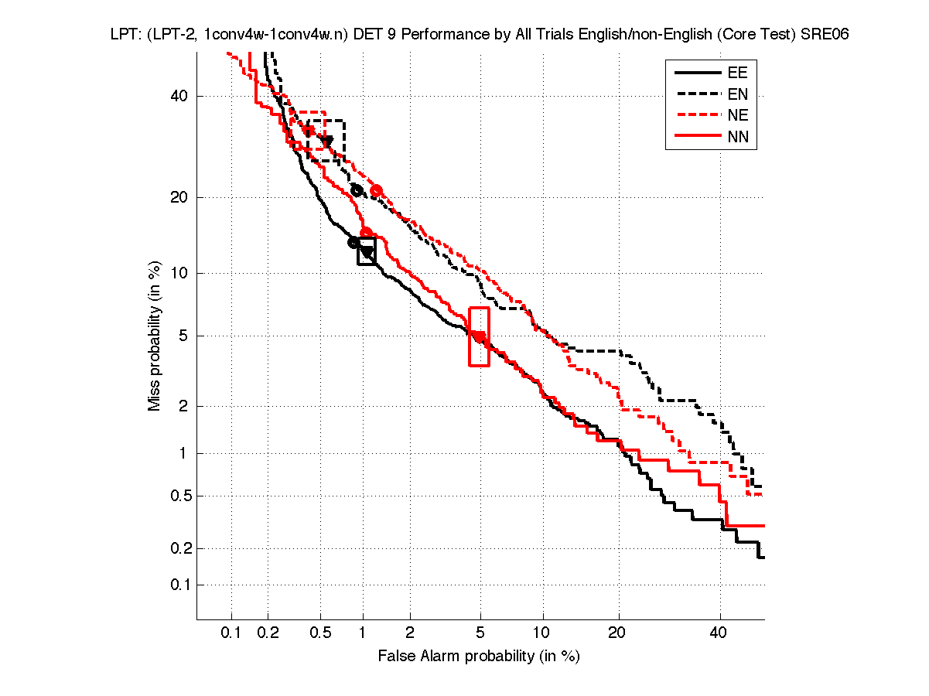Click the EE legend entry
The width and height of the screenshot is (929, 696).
coord(737,73)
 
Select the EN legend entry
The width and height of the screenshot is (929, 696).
coord(737,95)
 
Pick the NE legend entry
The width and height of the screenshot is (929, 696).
coord(737,117)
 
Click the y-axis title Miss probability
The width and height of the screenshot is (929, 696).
coord(155,336)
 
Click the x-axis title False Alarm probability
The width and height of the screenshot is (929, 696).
coord(479,657)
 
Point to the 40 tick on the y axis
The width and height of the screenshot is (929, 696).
coord(180,97)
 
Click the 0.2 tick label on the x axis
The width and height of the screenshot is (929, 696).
coord(268,633)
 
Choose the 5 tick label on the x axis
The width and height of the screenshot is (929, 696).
coord(480,633)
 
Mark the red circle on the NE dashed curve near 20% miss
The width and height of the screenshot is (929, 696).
coord(377,190)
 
